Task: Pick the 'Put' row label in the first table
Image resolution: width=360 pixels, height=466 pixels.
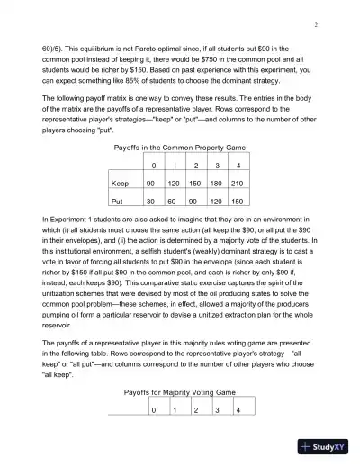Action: pos(118,202)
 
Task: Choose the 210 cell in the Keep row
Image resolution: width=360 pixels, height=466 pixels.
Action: pos(237,183)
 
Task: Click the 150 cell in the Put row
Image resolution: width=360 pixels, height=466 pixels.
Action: pos(237,202)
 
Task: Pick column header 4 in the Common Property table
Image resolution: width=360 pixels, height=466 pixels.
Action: pos(237,166)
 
